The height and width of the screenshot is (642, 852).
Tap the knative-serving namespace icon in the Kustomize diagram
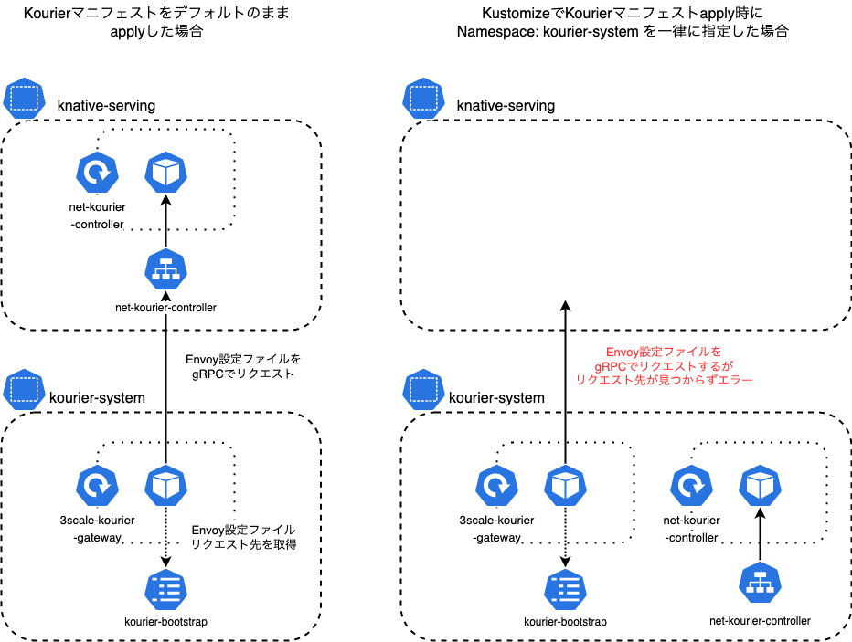423,97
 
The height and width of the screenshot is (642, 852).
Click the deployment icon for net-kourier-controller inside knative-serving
97,172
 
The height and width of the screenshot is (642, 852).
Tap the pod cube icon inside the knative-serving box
165,172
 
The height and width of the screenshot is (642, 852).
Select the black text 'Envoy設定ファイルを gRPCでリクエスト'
243,366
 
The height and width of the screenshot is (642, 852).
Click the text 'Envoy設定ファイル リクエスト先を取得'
243,536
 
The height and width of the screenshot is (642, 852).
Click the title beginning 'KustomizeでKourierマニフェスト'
622,22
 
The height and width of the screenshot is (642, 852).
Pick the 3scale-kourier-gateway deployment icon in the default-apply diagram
97,486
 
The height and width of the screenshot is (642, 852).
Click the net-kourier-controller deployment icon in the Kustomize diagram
691,486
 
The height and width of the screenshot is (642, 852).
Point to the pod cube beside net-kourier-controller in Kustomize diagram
760,486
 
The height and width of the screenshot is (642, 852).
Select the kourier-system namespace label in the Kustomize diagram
496,397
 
